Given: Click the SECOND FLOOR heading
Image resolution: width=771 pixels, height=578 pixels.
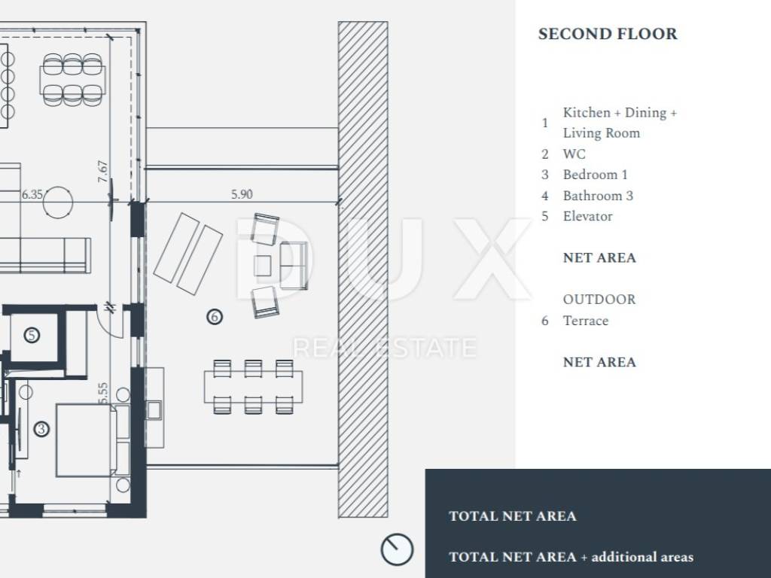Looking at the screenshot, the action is click(608, 34).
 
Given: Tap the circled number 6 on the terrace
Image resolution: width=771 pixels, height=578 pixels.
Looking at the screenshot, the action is click(215, 317).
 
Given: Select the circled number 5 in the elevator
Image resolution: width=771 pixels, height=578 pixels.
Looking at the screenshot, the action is click(32, 336).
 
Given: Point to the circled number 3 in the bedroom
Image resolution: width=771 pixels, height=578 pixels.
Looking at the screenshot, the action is click(41, 429).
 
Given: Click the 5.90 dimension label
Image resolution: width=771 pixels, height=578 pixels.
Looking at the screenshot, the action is click(242, 194).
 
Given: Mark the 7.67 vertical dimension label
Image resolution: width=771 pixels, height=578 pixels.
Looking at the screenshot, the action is click(102, 171).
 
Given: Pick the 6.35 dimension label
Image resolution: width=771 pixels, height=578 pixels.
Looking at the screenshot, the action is click(32, 195).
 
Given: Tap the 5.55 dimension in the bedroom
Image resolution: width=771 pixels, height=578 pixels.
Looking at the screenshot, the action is click(102, 394).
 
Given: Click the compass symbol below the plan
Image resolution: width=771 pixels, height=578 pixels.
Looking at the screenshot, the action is click(397, 549).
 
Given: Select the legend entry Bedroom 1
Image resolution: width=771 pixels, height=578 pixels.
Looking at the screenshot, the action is click(595, 175).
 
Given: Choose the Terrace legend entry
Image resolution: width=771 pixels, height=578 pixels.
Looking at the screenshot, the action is click(586, 321).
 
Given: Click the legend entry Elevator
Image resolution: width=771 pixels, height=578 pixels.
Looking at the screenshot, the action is click(587, 216).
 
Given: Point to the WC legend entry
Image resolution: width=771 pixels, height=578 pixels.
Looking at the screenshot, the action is click(574, 154).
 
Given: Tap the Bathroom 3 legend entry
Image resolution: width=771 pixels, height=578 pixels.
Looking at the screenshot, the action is click(598, 196).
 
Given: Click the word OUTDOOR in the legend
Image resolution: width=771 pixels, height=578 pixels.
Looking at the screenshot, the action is click(599, 300).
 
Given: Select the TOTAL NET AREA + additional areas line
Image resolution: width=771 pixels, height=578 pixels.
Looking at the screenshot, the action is click(571, 557).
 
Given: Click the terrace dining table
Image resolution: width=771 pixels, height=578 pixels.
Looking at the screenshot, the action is click(253, 387).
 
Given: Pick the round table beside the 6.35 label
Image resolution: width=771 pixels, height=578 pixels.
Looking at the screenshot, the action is click(58, 202).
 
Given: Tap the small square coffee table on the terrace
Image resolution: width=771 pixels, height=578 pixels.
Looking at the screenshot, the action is click(263, 266).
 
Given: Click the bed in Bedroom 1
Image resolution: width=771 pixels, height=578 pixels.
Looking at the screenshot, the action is click(87, 440).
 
